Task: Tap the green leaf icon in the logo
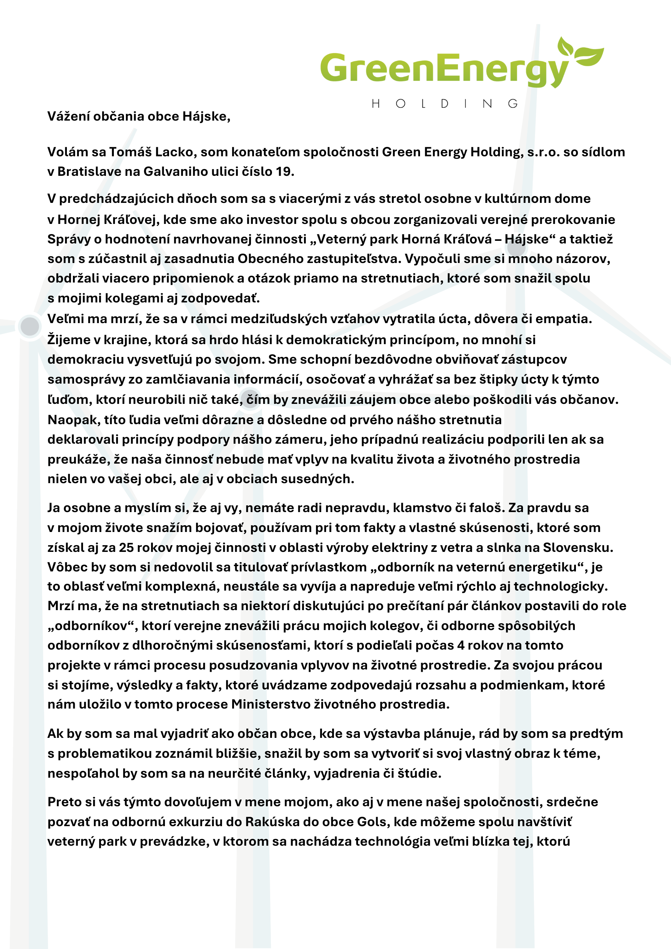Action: pyautogui.click(x=581, y=52)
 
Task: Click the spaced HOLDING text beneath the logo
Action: pyautogui.click(x=444, y=103)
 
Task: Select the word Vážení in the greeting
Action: pyautogui.click(x=68, y=116)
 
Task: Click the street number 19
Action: pyautogui.click(x=284, y=172)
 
